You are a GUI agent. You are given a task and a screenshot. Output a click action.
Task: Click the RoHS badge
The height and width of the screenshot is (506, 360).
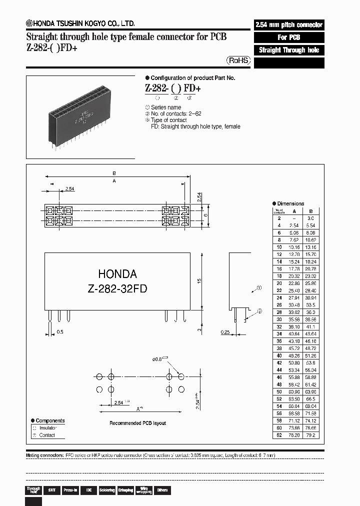tap(238, 60)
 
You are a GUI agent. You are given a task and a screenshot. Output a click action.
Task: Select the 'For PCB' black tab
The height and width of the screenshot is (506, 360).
tap(289, 37)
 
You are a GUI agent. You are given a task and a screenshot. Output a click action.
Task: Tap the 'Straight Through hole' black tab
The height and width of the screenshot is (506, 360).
tap(289, 50)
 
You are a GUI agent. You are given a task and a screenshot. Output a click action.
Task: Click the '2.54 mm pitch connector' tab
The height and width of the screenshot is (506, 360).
tap(289, 24)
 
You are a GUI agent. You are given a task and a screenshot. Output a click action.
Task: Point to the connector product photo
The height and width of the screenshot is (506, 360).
tap(81, 116)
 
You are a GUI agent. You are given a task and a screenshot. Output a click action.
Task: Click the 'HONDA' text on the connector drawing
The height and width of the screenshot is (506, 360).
tap(117, 274)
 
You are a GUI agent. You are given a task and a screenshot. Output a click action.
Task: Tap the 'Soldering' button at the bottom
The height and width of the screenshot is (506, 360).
tap(107, 490)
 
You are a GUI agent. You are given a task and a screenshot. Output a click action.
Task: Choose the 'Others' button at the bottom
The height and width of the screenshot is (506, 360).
tap(162, 490)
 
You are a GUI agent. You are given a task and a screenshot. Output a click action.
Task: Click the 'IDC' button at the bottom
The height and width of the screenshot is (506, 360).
tap(88, 490)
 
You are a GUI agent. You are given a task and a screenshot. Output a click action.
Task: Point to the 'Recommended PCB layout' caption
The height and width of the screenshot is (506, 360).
tap(137, 423)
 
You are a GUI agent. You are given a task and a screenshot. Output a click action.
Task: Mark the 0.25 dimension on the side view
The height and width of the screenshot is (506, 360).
tap(226, 332)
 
